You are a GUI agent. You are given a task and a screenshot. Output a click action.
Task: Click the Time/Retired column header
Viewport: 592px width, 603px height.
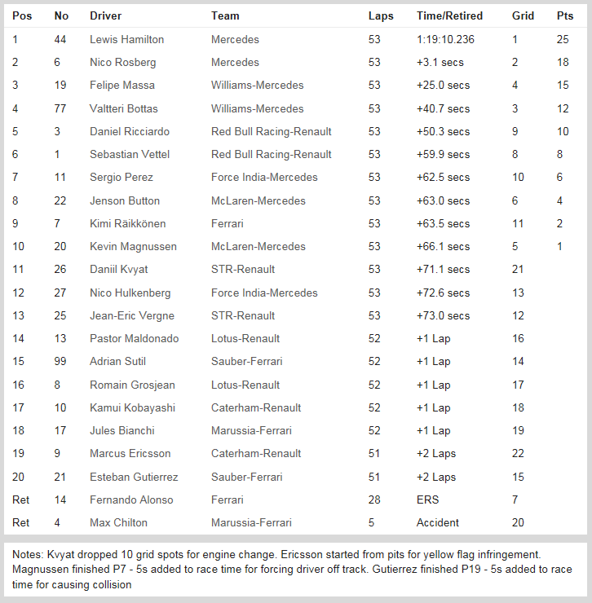449,15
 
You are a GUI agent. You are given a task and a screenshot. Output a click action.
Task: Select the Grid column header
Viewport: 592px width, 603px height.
523,15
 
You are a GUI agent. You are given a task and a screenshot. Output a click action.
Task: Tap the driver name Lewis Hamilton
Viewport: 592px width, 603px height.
126,39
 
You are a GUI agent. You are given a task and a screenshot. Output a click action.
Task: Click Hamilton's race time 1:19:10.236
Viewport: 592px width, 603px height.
444,39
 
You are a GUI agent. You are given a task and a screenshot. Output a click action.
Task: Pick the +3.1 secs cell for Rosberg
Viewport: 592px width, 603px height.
440,62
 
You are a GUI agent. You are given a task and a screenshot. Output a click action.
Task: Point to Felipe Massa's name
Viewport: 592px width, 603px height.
121,85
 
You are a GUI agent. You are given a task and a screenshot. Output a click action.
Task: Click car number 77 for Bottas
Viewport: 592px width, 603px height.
60,108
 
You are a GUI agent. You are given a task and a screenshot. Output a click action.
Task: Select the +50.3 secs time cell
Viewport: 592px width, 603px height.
443,131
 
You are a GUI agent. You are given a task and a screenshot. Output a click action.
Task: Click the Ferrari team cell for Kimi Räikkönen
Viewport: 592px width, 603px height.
227,223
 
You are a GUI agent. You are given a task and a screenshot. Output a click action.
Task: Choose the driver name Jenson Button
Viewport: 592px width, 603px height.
125,200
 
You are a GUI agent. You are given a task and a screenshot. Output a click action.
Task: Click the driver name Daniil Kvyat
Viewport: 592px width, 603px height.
119,269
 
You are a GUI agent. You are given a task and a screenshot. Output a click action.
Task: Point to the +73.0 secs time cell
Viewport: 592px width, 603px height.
443,315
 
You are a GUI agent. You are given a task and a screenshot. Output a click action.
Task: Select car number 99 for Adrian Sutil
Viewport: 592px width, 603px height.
60,361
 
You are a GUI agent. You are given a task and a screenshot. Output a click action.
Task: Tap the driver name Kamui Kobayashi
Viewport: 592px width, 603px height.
132,407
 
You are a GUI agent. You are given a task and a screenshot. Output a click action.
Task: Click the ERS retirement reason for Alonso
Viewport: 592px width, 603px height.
427,500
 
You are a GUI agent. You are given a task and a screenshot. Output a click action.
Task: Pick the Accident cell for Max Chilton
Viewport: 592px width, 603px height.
438,522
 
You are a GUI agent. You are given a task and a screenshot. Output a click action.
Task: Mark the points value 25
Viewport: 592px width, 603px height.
563,39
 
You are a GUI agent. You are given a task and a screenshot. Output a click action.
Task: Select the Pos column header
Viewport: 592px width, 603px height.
22,15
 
